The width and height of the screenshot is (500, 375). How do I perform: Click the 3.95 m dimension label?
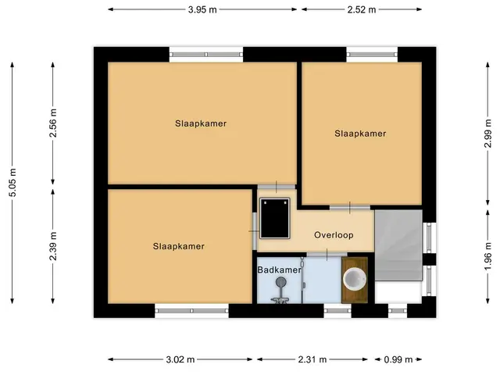tap(202, 9)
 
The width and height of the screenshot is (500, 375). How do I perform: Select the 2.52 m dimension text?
tap(362, 9)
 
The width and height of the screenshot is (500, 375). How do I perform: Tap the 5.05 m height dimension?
tap(12, 182)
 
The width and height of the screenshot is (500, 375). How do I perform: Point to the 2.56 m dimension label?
tap(53, 123)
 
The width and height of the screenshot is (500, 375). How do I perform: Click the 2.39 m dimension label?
tap(53, 246)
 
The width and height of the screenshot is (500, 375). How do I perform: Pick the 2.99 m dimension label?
tap(487, 134)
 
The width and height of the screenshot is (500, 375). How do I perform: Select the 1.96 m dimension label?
tap(487, 255)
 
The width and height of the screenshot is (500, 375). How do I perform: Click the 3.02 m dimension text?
tap(180, 359)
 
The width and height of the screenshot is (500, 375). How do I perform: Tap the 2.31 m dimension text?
tap(312, 359)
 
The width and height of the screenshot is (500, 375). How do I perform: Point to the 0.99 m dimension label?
tap(398, 359)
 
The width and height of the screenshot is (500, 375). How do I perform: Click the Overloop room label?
tap(334, 235)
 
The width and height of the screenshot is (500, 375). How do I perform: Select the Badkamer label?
tap(279, 270)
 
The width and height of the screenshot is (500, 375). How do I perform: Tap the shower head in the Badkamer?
tap(280, 281)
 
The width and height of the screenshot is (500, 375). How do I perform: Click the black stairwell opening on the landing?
tap(274, 218)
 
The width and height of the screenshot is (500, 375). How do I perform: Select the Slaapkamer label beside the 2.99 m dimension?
tap(360, 134)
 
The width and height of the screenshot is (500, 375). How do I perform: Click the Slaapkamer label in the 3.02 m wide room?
tap(179, 247)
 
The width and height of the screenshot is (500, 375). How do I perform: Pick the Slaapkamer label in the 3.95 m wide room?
tap(201, 123)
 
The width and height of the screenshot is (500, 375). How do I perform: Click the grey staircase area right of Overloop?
tap(398, 245)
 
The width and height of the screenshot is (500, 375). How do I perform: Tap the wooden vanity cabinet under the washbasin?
tap(354, 280)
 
